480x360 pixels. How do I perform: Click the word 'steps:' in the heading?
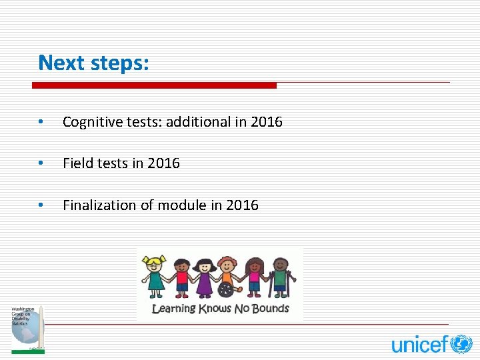click(120, 63)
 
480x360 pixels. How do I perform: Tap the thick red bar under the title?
click(154, 85)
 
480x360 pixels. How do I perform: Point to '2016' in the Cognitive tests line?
click(267, 122)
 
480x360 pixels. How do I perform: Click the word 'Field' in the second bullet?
click(77, 163)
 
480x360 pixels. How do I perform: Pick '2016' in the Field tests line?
click(164, 163)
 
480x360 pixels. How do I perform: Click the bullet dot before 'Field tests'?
click(41, 163)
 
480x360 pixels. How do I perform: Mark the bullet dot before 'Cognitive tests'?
click(41, 122)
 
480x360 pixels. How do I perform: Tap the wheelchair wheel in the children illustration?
click(227, 291)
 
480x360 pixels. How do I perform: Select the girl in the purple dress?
click(203, 276)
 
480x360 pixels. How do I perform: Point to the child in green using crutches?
click(280, 276)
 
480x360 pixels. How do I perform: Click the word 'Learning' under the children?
click(173, 309)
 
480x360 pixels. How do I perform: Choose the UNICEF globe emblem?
click(461, 344)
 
